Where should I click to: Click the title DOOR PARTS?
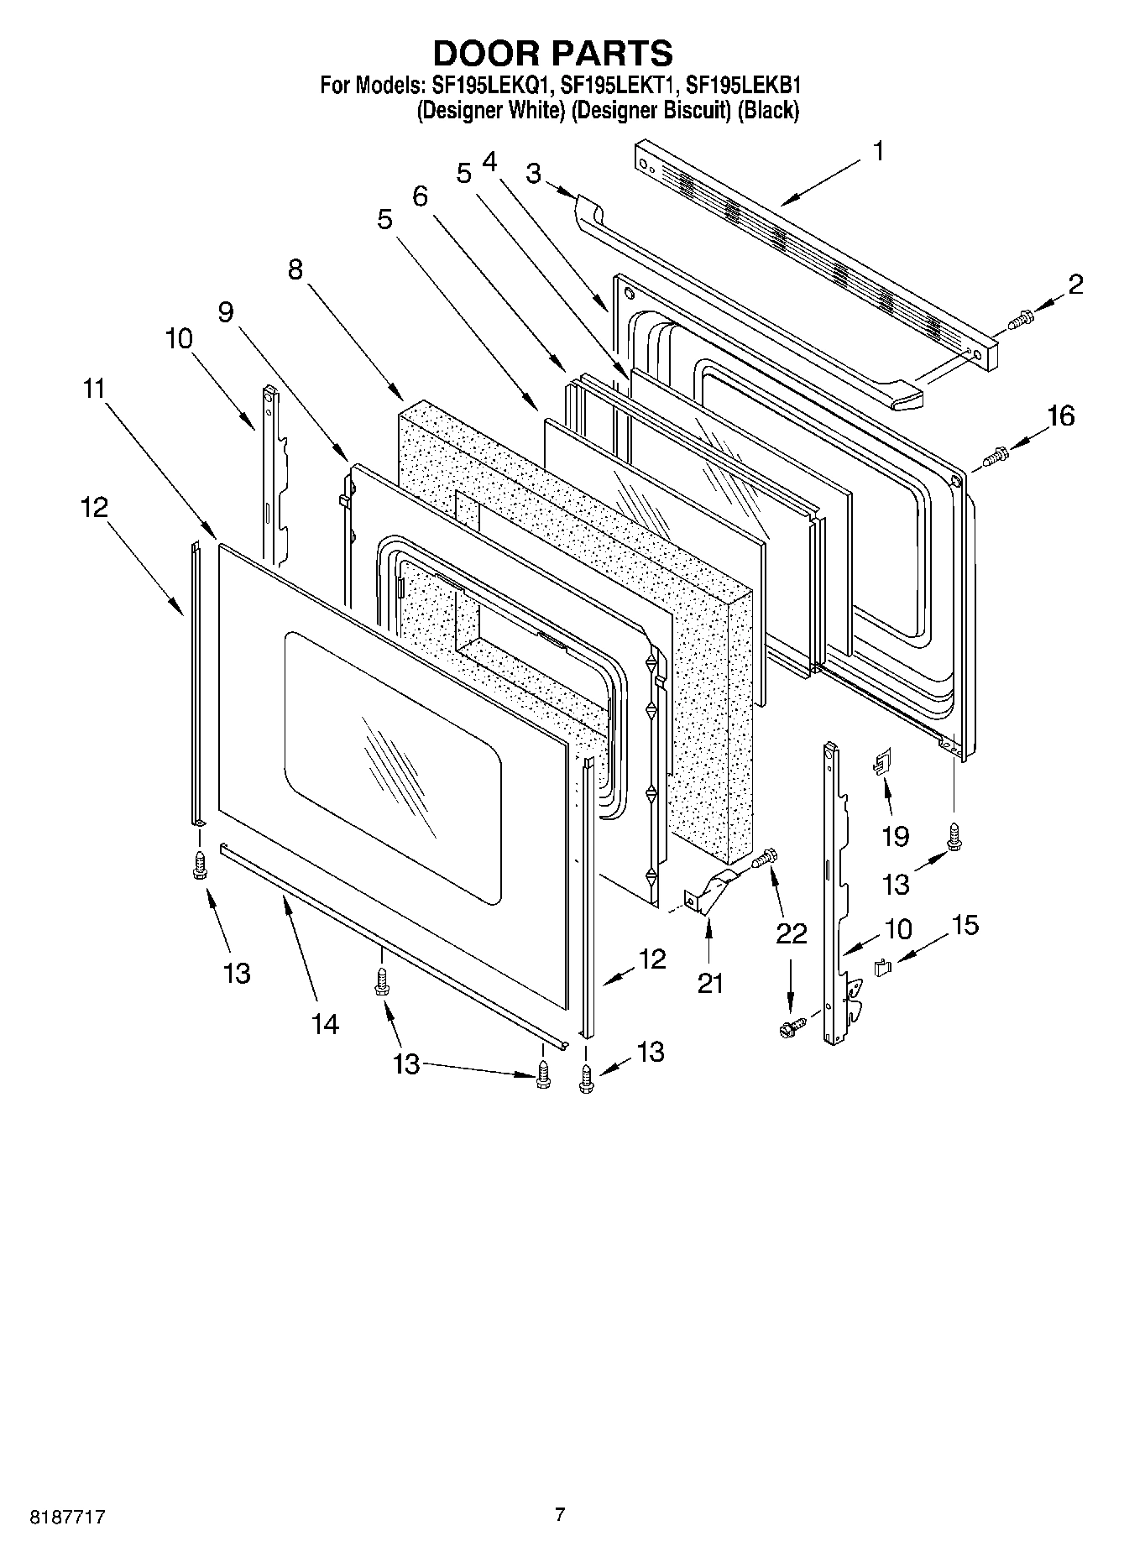pos(552,53)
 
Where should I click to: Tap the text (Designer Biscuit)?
pos(651,110)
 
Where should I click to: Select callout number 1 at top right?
pos(878,152)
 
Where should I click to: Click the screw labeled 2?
pos(1022,318)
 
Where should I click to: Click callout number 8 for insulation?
pos(295,269)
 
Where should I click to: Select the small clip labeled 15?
pos(882,968)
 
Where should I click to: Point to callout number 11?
pos(94,389)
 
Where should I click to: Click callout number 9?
pos(225,311)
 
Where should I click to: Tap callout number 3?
pos(532,174)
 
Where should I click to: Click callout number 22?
pos(791,933)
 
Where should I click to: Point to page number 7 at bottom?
pos(560,1513)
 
